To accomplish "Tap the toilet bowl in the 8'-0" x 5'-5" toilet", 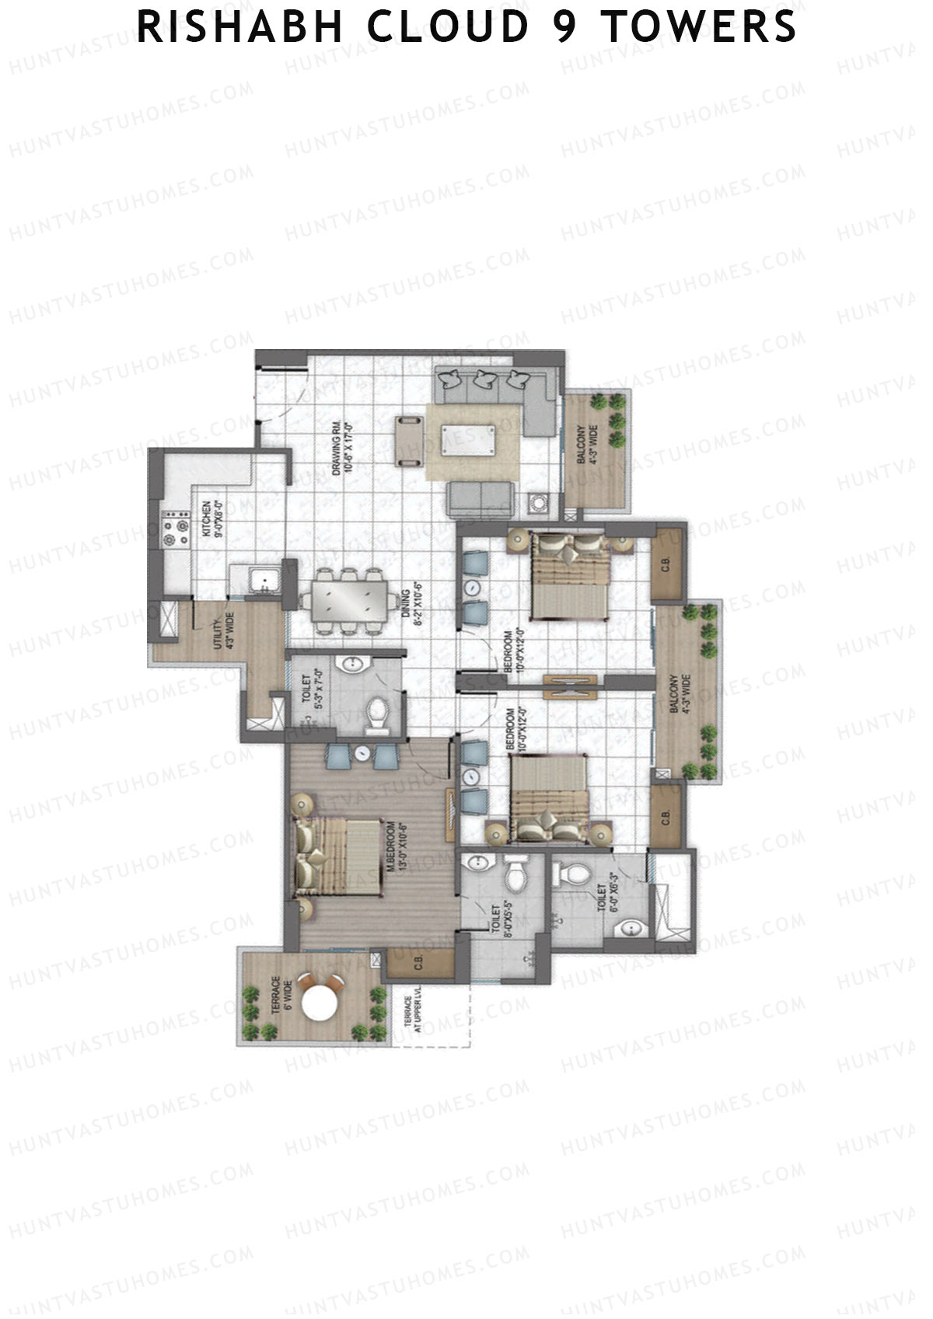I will click(x=515, y=876).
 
